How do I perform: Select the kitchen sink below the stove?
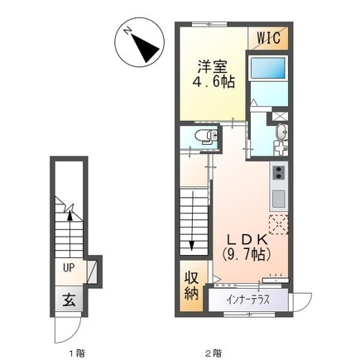click(x=279, y=198)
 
